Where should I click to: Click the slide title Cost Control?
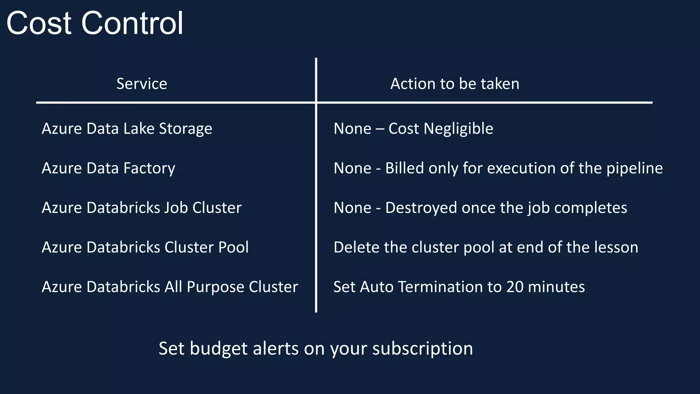[x=95, y=23]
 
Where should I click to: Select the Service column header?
[x=142, y=84]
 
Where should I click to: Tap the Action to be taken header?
[x=455, y=84]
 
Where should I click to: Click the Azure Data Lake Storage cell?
[x=127, y=129]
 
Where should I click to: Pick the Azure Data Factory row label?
[x=108, y=168]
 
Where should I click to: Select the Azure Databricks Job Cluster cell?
[x=142, y=208]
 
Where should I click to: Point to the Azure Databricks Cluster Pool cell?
[x=145, y=247]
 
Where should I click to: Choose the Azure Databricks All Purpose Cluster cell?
[x=170, y=287]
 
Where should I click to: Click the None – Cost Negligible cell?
[x=413, y=129]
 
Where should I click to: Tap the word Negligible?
[x=458, y=129]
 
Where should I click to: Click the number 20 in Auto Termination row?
[x=515, y=287]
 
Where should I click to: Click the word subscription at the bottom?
[x=422, y=349]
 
